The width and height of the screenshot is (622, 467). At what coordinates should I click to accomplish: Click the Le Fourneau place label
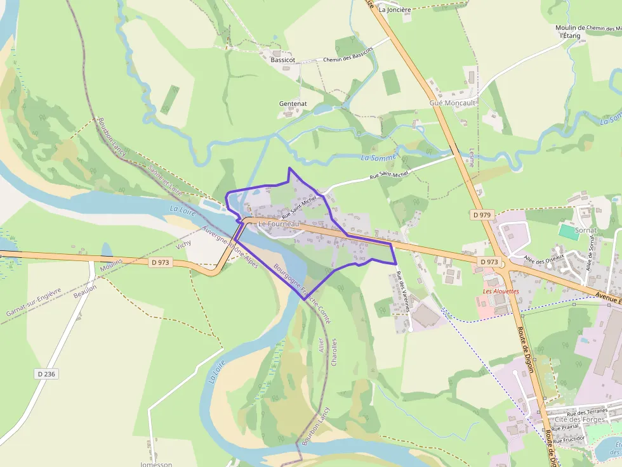point(278,224)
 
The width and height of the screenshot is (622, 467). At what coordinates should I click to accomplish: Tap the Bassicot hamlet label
point(282,60)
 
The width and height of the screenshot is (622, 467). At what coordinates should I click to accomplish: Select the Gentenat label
point(293,103)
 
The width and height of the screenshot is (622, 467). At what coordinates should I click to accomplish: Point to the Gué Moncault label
point(453,103)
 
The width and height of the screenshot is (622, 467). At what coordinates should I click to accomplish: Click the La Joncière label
point(395,10)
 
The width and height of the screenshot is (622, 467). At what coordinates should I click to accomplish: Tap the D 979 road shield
point(482,215)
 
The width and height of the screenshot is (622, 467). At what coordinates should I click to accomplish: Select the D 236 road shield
point(47,374)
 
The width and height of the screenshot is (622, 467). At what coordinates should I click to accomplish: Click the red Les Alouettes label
point(501,291)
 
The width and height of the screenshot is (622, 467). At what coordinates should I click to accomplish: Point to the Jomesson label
point(155,464)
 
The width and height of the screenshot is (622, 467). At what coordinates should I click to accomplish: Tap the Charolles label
point(334,352)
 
